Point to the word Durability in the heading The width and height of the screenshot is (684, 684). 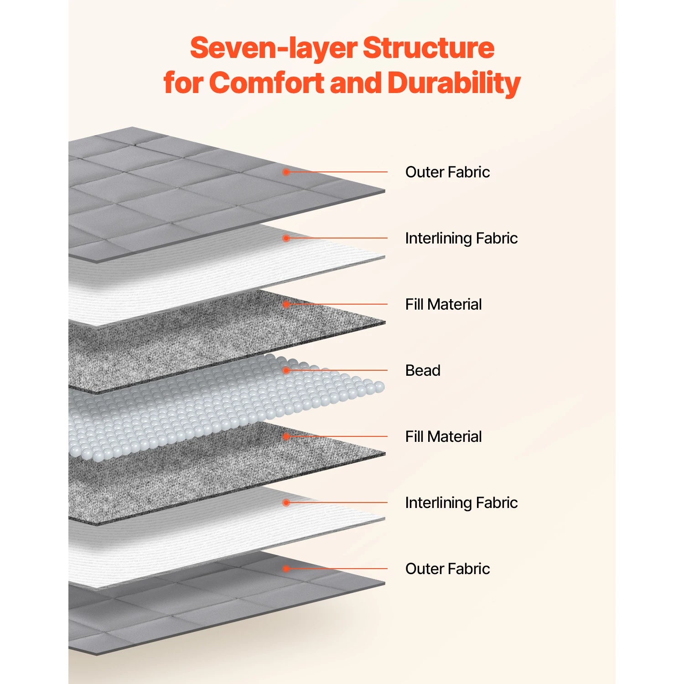[x=454, y=83]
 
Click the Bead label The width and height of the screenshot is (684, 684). [x=423, y=370]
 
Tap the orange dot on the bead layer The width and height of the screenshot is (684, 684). [x=286, y=370]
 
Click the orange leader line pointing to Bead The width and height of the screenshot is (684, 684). [x=337, y=370]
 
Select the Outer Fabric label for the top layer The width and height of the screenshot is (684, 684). [x=447, y=172]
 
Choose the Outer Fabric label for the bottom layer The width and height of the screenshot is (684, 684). [x=447, y=569]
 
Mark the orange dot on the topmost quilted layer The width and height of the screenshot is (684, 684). [x=286, y=172]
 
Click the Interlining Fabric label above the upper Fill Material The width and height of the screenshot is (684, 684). [x=461, y=238]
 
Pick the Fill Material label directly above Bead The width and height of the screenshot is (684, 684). [x=443, y=304]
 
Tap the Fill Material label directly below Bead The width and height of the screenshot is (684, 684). [x=443, y=436]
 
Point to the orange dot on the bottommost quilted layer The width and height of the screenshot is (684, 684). [x=286, y=569]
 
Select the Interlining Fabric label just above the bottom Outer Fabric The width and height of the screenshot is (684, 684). [x=461, y=503]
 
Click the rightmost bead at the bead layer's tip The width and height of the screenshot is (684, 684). [x=379, y=388]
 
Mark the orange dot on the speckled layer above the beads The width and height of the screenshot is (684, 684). [x=286, y=304]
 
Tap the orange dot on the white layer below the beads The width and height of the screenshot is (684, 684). [x=286, y=503]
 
